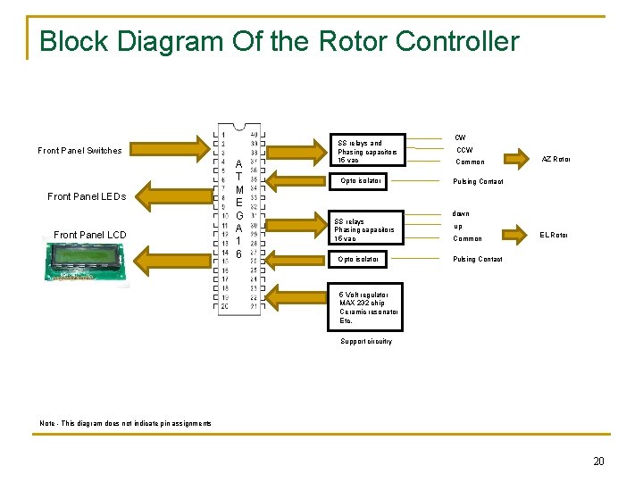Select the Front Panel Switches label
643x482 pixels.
79,150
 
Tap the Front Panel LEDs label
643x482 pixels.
87,196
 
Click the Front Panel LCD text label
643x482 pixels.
90,235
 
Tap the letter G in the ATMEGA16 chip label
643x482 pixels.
239,215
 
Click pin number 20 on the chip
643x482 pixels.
225,306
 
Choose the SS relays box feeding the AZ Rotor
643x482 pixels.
369,151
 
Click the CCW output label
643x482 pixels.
464,150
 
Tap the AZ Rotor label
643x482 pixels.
555,159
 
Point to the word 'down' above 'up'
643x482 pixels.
460,213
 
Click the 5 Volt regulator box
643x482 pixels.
369,307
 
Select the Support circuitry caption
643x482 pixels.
366,341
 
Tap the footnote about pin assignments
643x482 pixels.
126,423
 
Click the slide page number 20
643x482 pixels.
598,461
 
